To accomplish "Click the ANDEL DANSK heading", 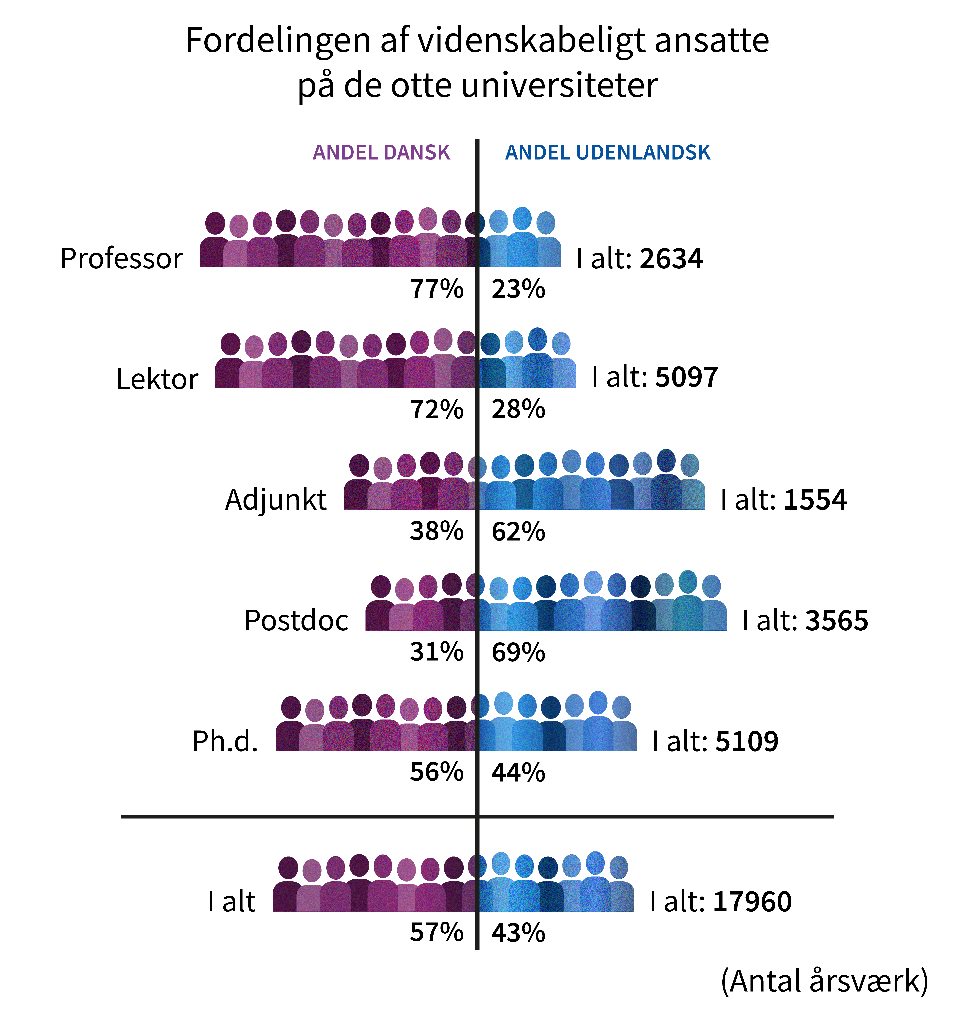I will coord(381,152).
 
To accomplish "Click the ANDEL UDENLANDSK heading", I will coord(607,152).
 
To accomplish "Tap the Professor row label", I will coord(121,258).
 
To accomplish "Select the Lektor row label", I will coord(157,380).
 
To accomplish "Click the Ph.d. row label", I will coord(225,741).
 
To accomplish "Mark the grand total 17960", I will coord(752,902).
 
